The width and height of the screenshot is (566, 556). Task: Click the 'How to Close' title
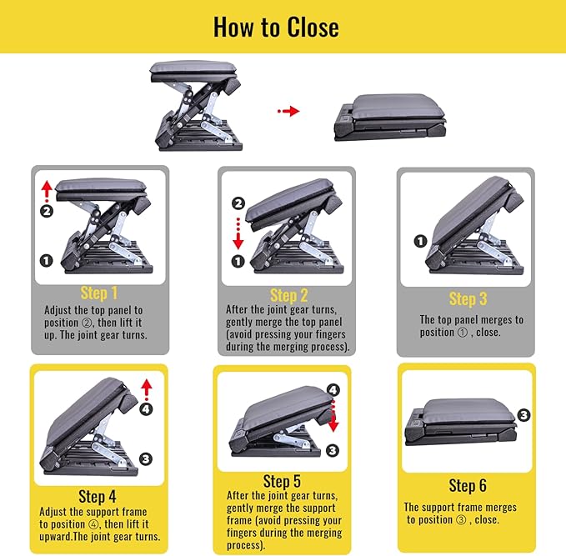[x=276, y=27]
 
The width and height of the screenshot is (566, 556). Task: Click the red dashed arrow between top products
[x=288, y=110]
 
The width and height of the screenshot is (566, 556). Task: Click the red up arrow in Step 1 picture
[x=46, y=188]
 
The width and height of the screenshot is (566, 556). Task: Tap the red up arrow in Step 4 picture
[x=147, y=388]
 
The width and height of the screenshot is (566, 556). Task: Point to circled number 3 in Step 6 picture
[x=523, y=414]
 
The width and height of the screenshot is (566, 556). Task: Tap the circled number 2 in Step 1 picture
[x=47, y=211]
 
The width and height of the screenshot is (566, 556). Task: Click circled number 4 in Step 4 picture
[x=147, y=408]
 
